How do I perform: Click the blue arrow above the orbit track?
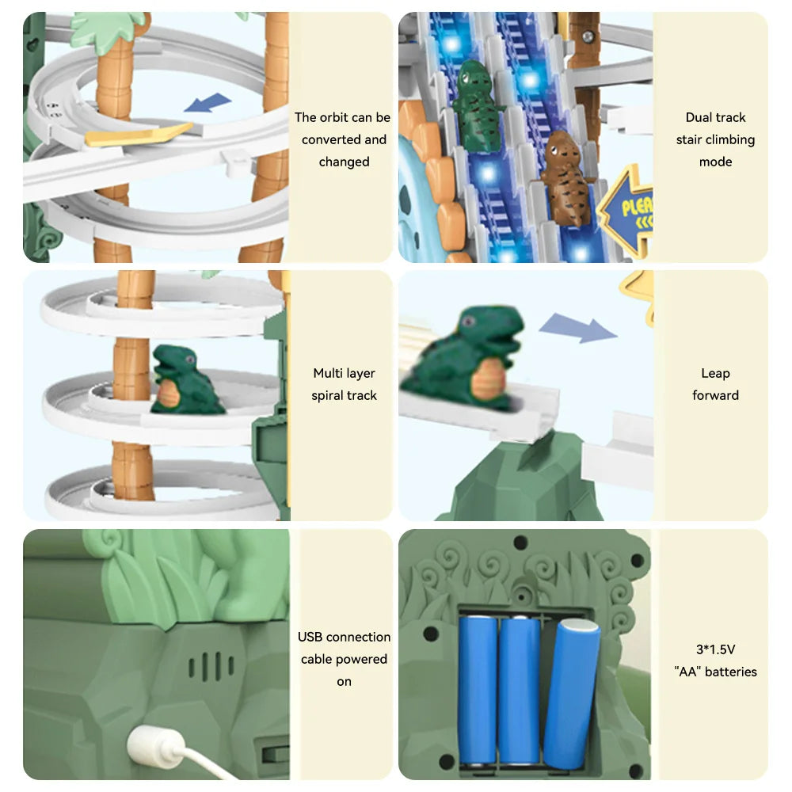[x=208, y=102]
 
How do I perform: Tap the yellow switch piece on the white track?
[x=139, y=135]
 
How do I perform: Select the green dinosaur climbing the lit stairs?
[x=476, y=105]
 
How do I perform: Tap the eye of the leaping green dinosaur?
[x=469, y=322]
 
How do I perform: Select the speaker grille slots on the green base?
[x=211, y=666]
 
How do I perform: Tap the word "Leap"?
[x=715, y=373]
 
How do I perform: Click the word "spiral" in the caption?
[x=327, y=395]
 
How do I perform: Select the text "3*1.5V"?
[x=715, y=649]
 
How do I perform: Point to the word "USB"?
[x=310, y=637]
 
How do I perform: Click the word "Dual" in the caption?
[x=697, y=117]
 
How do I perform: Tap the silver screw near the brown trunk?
[x=588, y=37]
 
